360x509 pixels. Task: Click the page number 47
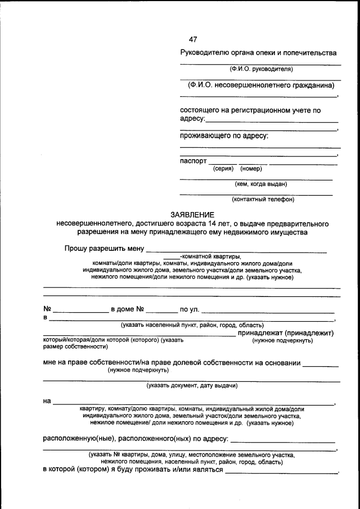[193, 39]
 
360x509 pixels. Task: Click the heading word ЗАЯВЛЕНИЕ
[192, 215]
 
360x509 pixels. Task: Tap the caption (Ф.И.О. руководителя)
[261, 69]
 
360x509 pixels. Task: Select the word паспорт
[193, 161]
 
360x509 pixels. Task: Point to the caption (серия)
[223, 169]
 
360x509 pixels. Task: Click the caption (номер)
[251, 169]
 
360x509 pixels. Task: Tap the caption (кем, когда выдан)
[260, 183]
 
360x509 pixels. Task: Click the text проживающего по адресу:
[224, 136]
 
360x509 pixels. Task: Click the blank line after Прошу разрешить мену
[236, 249]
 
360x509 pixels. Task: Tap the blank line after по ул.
[268, 310]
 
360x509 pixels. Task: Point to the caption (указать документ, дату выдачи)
[192, 386]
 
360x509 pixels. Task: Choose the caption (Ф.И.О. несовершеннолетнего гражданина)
[261, 85]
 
